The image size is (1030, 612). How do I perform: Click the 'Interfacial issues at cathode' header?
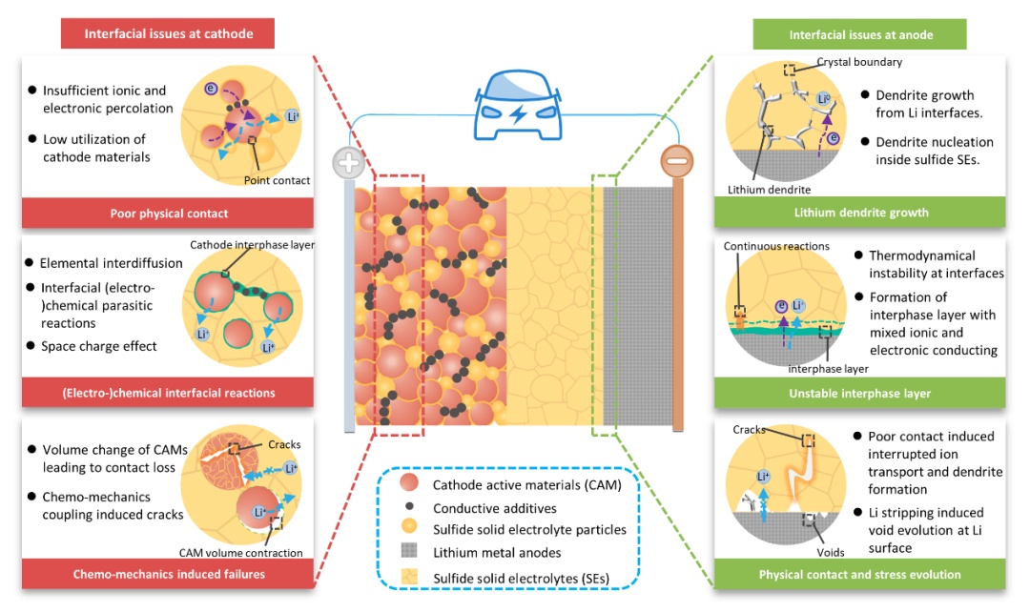pos(168,34)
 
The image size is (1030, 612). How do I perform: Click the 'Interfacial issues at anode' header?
pos(860,34)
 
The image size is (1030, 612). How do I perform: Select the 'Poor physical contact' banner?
pos(168,213)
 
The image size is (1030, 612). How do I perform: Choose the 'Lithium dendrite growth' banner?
pos(860,213)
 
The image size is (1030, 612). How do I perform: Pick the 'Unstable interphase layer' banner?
pos(860,393)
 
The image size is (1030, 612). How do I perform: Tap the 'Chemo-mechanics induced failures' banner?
pos(168,574)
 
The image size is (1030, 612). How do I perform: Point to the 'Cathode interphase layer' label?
pos(252,245)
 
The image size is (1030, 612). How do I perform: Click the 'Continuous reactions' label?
pos(776,246)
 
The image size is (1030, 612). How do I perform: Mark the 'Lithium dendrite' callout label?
pos(763,190)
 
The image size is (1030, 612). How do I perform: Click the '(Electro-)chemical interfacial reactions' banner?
pos(168,393)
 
